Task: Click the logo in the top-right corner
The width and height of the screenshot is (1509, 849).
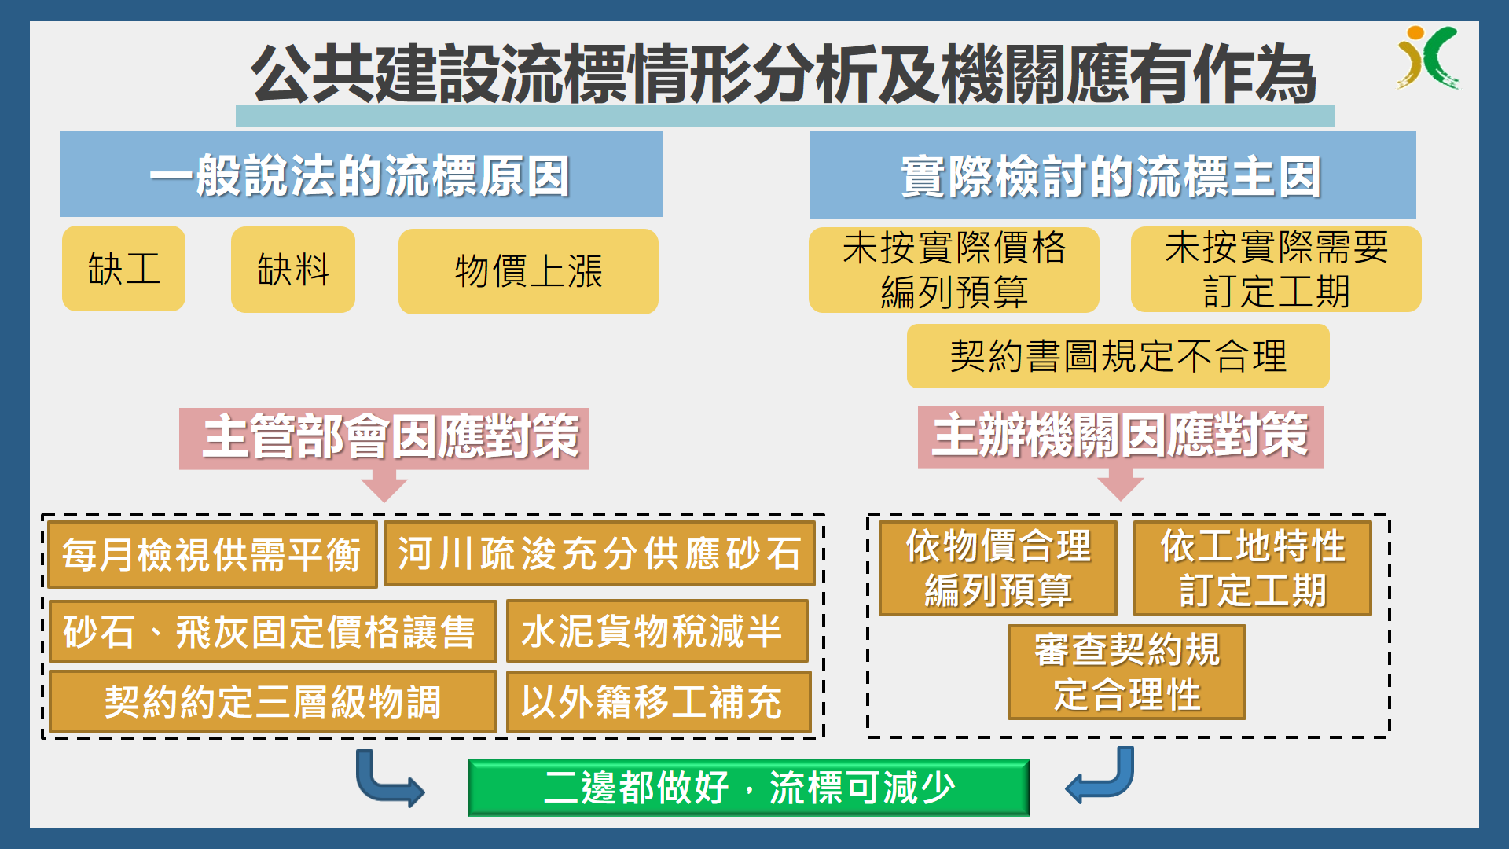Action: pos(1428,57)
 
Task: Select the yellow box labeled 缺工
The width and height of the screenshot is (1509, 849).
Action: pos(124,269)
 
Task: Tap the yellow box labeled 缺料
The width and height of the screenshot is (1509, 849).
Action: pos(293,270)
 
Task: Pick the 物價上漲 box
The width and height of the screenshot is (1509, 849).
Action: pos(528,272)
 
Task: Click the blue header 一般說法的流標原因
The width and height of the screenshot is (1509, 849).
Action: pos(361,175)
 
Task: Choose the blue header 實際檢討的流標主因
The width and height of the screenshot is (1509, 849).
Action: pos(1112,175)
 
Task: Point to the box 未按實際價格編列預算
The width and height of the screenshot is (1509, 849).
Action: pos(953,270)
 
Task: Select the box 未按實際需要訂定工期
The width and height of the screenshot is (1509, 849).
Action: pos(1276,270)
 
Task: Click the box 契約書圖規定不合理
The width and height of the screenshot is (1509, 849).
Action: pos(1118,356)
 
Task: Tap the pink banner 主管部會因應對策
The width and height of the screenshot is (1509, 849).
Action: pos(384,438)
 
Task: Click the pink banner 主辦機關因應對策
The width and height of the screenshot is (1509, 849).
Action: pos(1120,436)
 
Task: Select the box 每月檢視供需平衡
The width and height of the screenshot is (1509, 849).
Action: pos(212,555)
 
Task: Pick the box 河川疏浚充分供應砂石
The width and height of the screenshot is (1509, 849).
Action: pos(599,554)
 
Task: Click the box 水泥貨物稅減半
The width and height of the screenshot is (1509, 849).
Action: pos(657,631)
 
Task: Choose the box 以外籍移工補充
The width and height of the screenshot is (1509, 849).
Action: pos(658,702)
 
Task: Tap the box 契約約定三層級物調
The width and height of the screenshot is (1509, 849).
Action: pos(273,702)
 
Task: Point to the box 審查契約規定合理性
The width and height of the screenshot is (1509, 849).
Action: pos(1126,672)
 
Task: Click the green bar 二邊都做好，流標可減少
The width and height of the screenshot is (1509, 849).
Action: pos(749,788)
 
